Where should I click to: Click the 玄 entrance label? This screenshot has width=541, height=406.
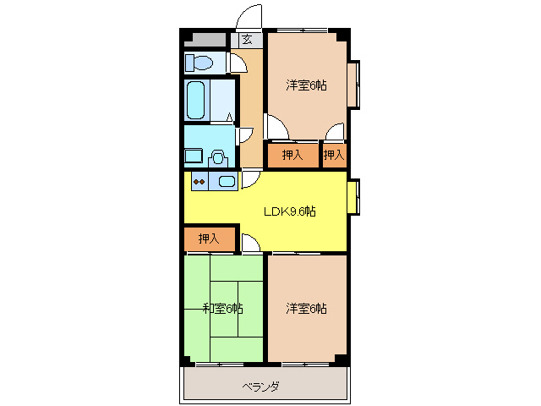246,39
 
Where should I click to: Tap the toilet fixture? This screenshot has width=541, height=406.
200,63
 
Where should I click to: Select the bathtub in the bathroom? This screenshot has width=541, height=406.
196,101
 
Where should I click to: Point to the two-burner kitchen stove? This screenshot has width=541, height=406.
199,179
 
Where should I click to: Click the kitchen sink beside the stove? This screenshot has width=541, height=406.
227,180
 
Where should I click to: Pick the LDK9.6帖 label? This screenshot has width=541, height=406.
289,211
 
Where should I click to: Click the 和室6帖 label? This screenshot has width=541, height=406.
223,308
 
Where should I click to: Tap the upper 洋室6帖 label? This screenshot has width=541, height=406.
306,85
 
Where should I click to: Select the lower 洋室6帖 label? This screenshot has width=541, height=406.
306,308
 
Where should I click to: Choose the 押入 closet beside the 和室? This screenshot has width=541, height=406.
209,239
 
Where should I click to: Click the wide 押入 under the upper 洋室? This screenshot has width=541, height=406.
292,155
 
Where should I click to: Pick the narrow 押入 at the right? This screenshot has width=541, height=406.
334,155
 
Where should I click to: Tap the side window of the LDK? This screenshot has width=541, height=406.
353,195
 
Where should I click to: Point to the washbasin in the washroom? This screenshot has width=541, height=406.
218,156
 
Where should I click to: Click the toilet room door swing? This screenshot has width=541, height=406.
238,63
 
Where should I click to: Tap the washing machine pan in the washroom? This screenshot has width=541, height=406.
194,156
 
